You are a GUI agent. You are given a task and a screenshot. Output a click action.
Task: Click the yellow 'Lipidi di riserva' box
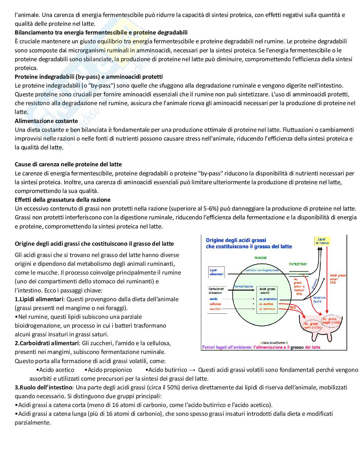pyautogui.click(x=322, y=241)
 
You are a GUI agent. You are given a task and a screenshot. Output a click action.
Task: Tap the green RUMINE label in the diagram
pyautogui.click(x=260, y=258)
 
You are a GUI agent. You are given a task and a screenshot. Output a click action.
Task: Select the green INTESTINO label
pyautogui.click(x=298, y=264)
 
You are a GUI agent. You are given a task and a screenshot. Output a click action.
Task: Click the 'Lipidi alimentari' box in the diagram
pyautogui.click(x=216, y=272)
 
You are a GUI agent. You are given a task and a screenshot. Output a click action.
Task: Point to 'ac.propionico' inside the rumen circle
pyautogui.click(x=268, y=299)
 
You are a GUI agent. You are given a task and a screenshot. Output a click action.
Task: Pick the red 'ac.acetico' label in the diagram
pyautogui.click(x=266, y=304)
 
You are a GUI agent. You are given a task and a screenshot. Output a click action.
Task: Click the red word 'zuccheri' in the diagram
pyautogui.click(x=215, y=309)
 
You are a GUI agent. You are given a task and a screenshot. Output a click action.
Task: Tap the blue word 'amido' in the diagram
pyautogui.click(x=214, y=299)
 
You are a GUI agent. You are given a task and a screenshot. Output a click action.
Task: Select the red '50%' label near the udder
pyautogui.click(x=293, y=308)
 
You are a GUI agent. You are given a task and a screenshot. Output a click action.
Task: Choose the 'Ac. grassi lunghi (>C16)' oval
pyautogui.click(x=331, y=320)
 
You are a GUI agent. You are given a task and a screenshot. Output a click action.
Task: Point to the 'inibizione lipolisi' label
pyautogui.click(x=319, y=299)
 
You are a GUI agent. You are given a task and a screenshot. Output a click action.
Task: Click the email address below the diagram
pyautogui.click(x=274, y=343)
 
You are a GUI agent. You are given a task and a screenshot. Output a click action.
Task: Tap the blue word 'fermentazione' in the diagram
pyautogui.click(x=243, y=286)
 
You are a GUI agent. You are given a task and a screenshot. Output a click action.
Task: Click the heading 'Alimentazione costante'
pyautogui.click(x=46, y=121)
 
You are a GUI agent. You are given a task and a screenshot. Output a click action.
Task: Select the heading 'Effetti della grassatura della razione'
pyautogui.click(x=62, y=200)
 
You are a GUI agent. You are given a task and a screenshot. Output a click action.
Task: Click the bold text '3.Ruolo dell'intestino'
pyautogui.click(x=44, y=387)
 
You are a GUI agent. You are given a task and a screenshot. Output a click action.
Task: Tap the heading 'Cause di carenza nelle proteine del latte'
pyautogui.click(x=68, y=164)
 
